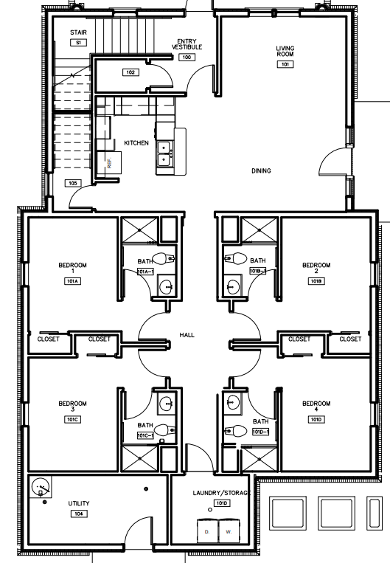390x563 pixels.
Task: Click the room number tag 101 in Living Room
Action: click(x=285, y=64)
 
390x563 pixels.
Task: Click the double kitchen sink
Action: click(x=164, y=154)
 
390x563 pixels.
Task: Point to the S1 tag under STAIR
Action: click(x=78, y=44)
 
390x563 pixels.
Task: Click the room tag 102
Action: click(x=130, y=72)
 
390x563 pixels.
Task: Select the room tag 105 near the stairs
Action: click(x=72, y=183)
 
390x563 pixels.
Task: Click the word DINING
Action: click(x=261, y=170)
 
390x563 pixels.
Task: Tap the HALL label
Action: click(x=187, y=335)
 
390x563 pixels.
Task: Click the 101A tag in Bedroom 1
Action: click(x=73, y=281)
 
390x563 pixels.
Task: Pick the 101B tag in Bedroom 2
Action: click(x=317, y=281)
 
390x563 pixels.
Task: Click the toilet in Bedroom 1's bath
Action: click(x=169, y=259)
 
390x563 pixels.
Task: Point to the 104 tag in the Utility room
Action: click(x=78, y=512)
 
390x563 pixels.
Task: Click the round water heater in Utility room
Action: click(x=42, y=486)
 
